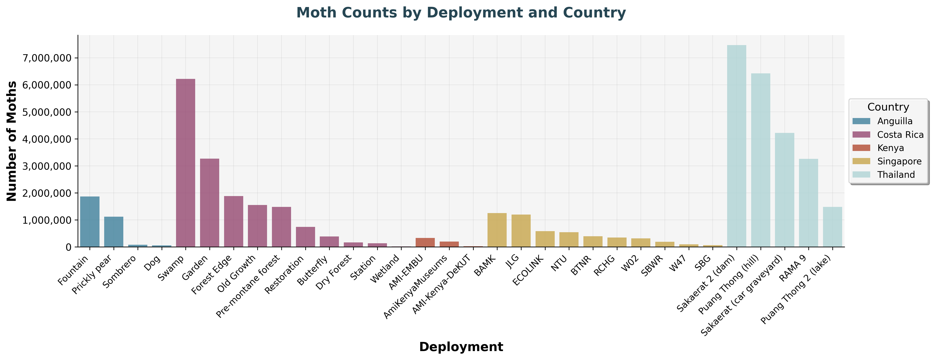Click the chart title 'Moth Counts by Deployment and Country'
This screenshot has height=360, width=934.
coord(461,13)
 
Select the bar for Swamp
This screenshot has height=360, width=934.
coord(186,163)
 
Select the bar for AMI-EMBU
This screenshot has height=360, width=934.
coord(425,242)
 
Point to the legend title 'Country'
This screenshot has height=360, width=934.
coord(888,107)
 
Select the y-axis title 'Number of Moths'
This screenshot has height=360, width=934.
coord(12,141)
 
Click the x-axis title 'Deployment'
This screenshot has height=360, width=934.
coord(461,347)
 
